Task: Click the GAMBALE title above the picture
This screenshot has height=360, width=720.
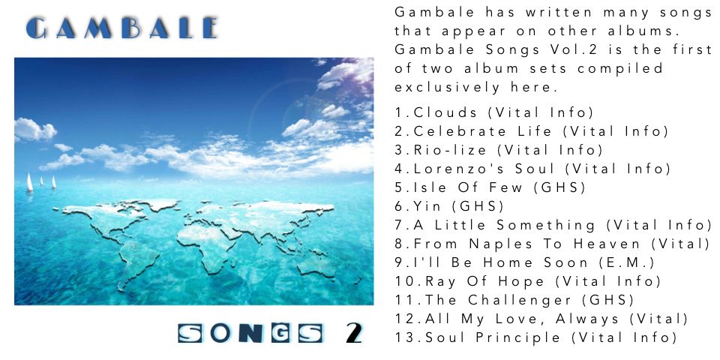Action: pyautogui.click(x=121, y=28)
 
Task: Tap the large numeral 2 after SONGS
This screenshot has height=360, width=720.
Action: pyautogui.click(x=354, y=334)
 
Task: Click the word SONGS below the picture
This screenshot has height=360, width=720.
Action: pyautogui.click(x=250, y=334)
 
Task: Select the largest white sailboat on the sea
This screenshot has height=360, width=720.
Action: pyautogui.click(x=29, y=182)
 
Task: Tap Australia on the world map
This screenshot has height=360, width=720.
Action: pyautogui.click(x=316, y=265)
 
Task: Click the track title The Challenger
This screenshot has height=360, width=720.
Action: pyautogui.click(x=498, y=300)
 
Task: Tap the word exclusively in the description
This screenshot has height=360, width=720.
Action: pyautogui.click(x=447, y=87)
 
